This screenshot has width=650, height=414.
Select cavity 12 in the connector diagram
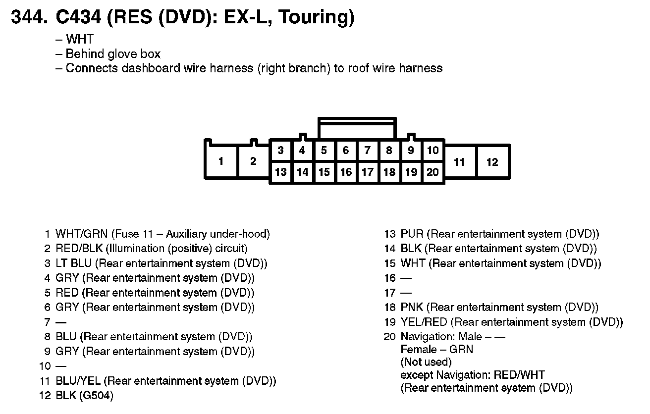coord(492,161)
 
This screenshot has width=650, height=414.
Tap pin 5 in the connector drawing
coord(324,151)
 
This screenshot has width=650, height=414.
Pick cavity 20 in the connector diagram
coord(433,172)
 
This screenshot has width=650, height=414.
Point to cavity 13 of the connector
coord(280,172)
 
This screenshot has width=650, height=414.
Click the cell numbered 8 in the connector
coord(389,151)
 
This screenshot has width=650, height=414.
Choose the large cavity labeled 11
coord(459,161)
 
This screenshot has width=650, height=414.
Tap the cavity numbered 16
coord(346,172)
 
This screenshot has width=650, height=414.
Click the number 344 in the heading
coord(29,18)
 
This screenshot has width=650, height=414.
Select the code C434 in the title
coord(78,18)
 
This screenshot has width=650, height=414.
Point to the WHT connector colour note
coord(79,40)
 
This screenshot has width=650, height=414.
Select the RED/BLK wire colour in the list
coord(79,249)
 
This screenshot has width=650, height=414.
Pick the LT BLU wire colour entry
coord(73,263)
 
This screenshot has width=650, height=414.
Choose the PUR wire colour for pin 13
coord(412,234)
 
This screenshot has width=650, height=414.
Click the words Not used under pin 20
coord(426,362)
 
